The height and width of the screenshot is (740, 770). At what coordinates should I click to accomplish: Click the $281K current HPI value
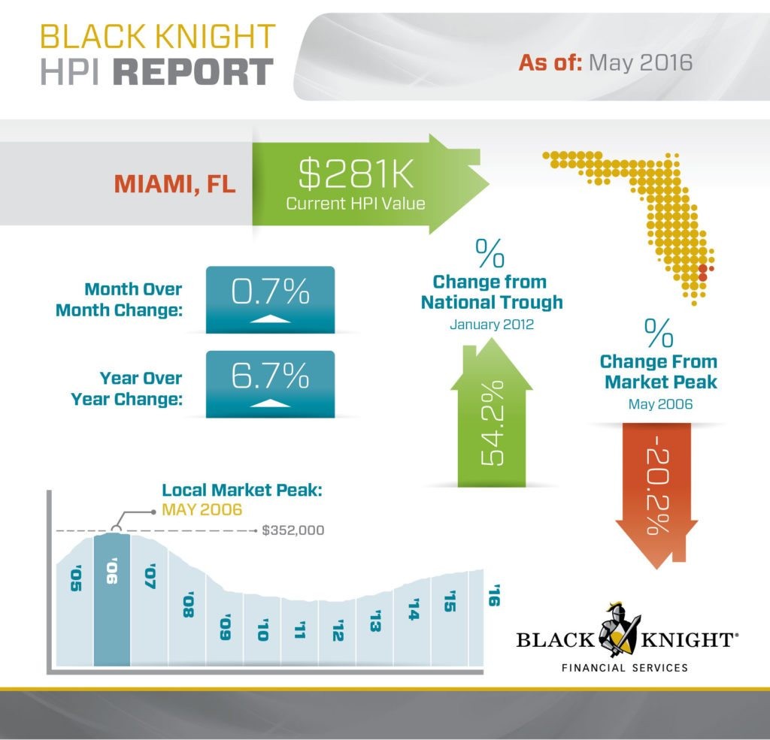(x=350, y=175)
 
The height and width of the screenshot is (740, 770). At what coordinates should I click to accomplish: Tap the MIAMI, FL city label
(x=174, y=183)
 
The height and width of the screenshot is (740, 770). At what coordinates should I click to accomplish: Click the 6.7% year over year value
(x=270, y=375)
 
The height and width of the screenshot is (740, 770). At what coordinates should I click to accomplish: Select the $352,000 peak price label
(x=293, y=530)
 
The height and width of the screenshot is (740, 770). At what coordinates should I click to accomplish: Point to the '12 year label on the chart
(x=337, y=630)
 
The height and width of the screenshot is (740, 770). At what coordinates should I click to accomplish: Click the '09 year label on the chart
(x=224, y=628)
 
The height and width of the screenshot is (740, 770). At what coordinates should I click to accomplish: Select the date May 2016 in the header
(x=640, y=62)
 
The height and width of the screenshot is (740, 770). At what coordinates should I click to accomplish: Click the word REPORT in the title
(x=197, y=72)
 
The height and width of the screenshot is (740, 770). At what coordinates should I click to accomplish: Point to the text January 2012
(x=491, y=325)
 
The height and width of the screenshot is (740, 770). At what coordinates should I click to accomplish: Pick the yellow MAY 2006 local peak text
(x=202, y=509)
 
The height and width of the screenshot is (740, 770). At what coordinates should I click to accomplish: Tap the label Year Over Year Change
(x=126, y=388)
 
